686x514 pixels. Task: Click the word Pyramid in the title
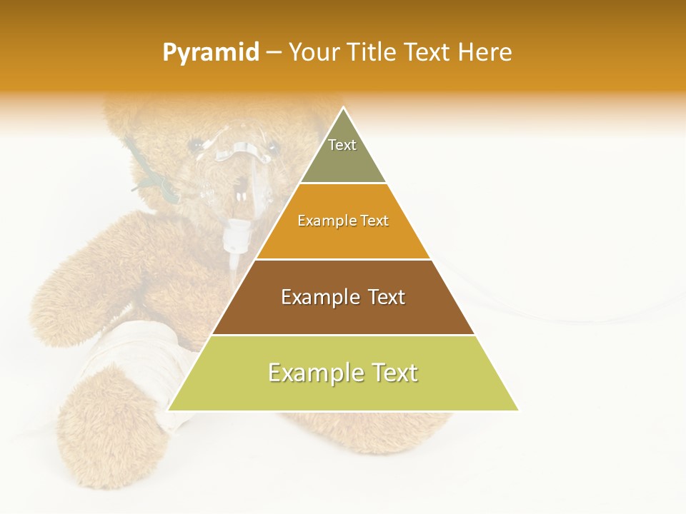coord(211,53)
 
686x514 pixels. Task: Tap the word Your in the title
coord(315,53)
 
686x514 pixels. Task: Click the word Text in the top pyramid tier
coord(342,145)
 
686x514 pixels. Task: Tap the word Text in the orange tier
coord(373,221)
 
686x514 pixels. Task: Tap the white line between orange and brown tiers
coord(343,259)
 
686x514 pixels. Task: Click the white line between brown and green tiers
coord(343,335)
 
